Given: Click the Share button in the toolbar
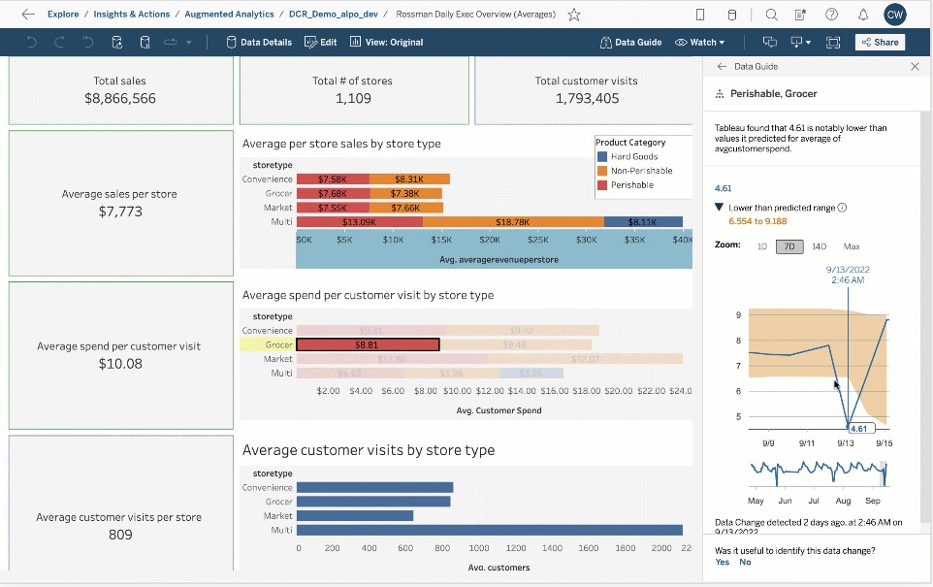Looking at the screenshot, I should [880, 43].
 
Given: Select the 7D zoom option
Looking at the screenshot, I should [788, 246].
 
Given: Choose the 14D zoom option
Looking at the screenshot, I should [820, 246].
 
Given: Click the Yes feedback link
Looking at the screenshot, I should [722, 563].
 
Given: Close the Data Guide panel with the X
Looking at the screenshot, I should [915, 67].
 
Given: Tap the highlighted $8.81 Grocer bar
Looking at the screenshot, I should [368, 344].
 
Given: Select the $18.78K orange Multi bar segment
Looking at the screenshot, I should [512, 222].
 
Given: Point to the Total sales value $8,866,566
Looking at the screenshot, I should [120, 99].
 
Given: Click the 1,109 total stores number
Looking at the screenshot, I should [353, 99].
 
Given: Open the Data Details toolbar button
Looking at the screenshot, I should [259, 43].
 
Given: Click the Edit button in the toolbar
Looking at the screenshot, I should [321, 43].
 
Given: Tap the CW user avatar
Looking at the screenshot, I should [895, 15].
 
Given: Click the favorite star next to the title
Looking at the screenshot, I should [574, 15].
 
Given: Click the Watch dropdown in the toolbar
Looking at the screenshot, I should [700, 43].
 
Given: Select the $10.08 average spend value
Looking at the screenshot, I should [120, 364].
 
